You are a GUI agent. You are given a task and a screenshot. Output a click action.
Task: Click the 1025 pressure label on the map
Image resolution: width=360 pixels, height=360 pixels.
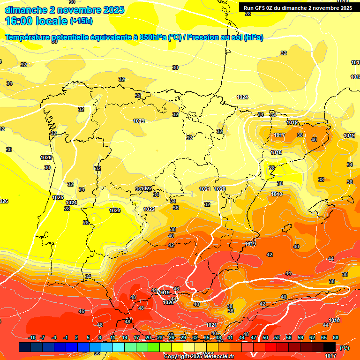58,197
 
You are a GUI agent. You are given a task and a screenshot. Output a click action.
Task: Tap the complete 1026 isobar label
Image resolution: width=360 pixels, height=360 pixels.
46,157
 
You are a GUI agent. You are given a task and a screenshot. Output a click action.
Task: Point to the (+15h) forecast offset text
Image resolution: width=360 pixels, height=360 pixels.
81,21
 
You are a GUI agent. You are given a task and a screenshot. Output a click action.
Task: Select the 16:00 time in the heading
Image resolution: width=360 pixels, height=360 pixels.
19,21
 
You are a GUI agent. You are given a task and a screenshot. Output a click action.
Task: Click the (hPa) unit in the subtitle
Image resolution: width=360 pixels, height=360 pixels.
254,37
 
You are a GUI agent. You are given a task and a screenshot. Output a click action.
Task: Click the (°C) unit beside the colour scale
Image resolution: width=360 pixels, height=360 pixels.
344,347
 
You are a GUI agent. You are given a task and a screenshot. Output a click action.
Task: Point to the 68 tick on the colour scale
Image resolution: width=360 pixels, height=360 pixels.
336,337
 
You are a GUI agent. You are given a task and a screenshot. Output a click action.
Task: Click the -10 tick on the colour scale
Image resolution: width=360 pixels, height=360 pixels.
32,337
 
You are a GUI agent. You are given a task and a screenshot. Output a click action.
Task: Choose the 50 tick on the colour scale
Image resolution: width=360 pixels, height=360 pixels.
265,337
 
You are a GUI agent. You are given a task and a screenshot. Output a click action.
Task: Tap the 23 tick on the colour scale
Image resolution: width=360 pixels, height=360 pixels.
160,337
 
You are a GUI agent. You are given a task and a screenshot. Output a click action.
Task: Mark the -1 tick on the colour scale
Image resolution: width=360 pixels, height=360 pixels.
66,337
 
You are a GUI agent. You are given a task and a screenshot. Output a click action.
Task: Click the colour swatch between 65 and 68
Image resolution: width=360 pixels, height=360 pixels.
330,346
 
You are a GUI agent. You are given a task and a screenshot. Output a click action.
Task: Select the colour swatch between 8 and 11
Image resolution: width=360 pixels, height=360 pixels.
107,346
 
